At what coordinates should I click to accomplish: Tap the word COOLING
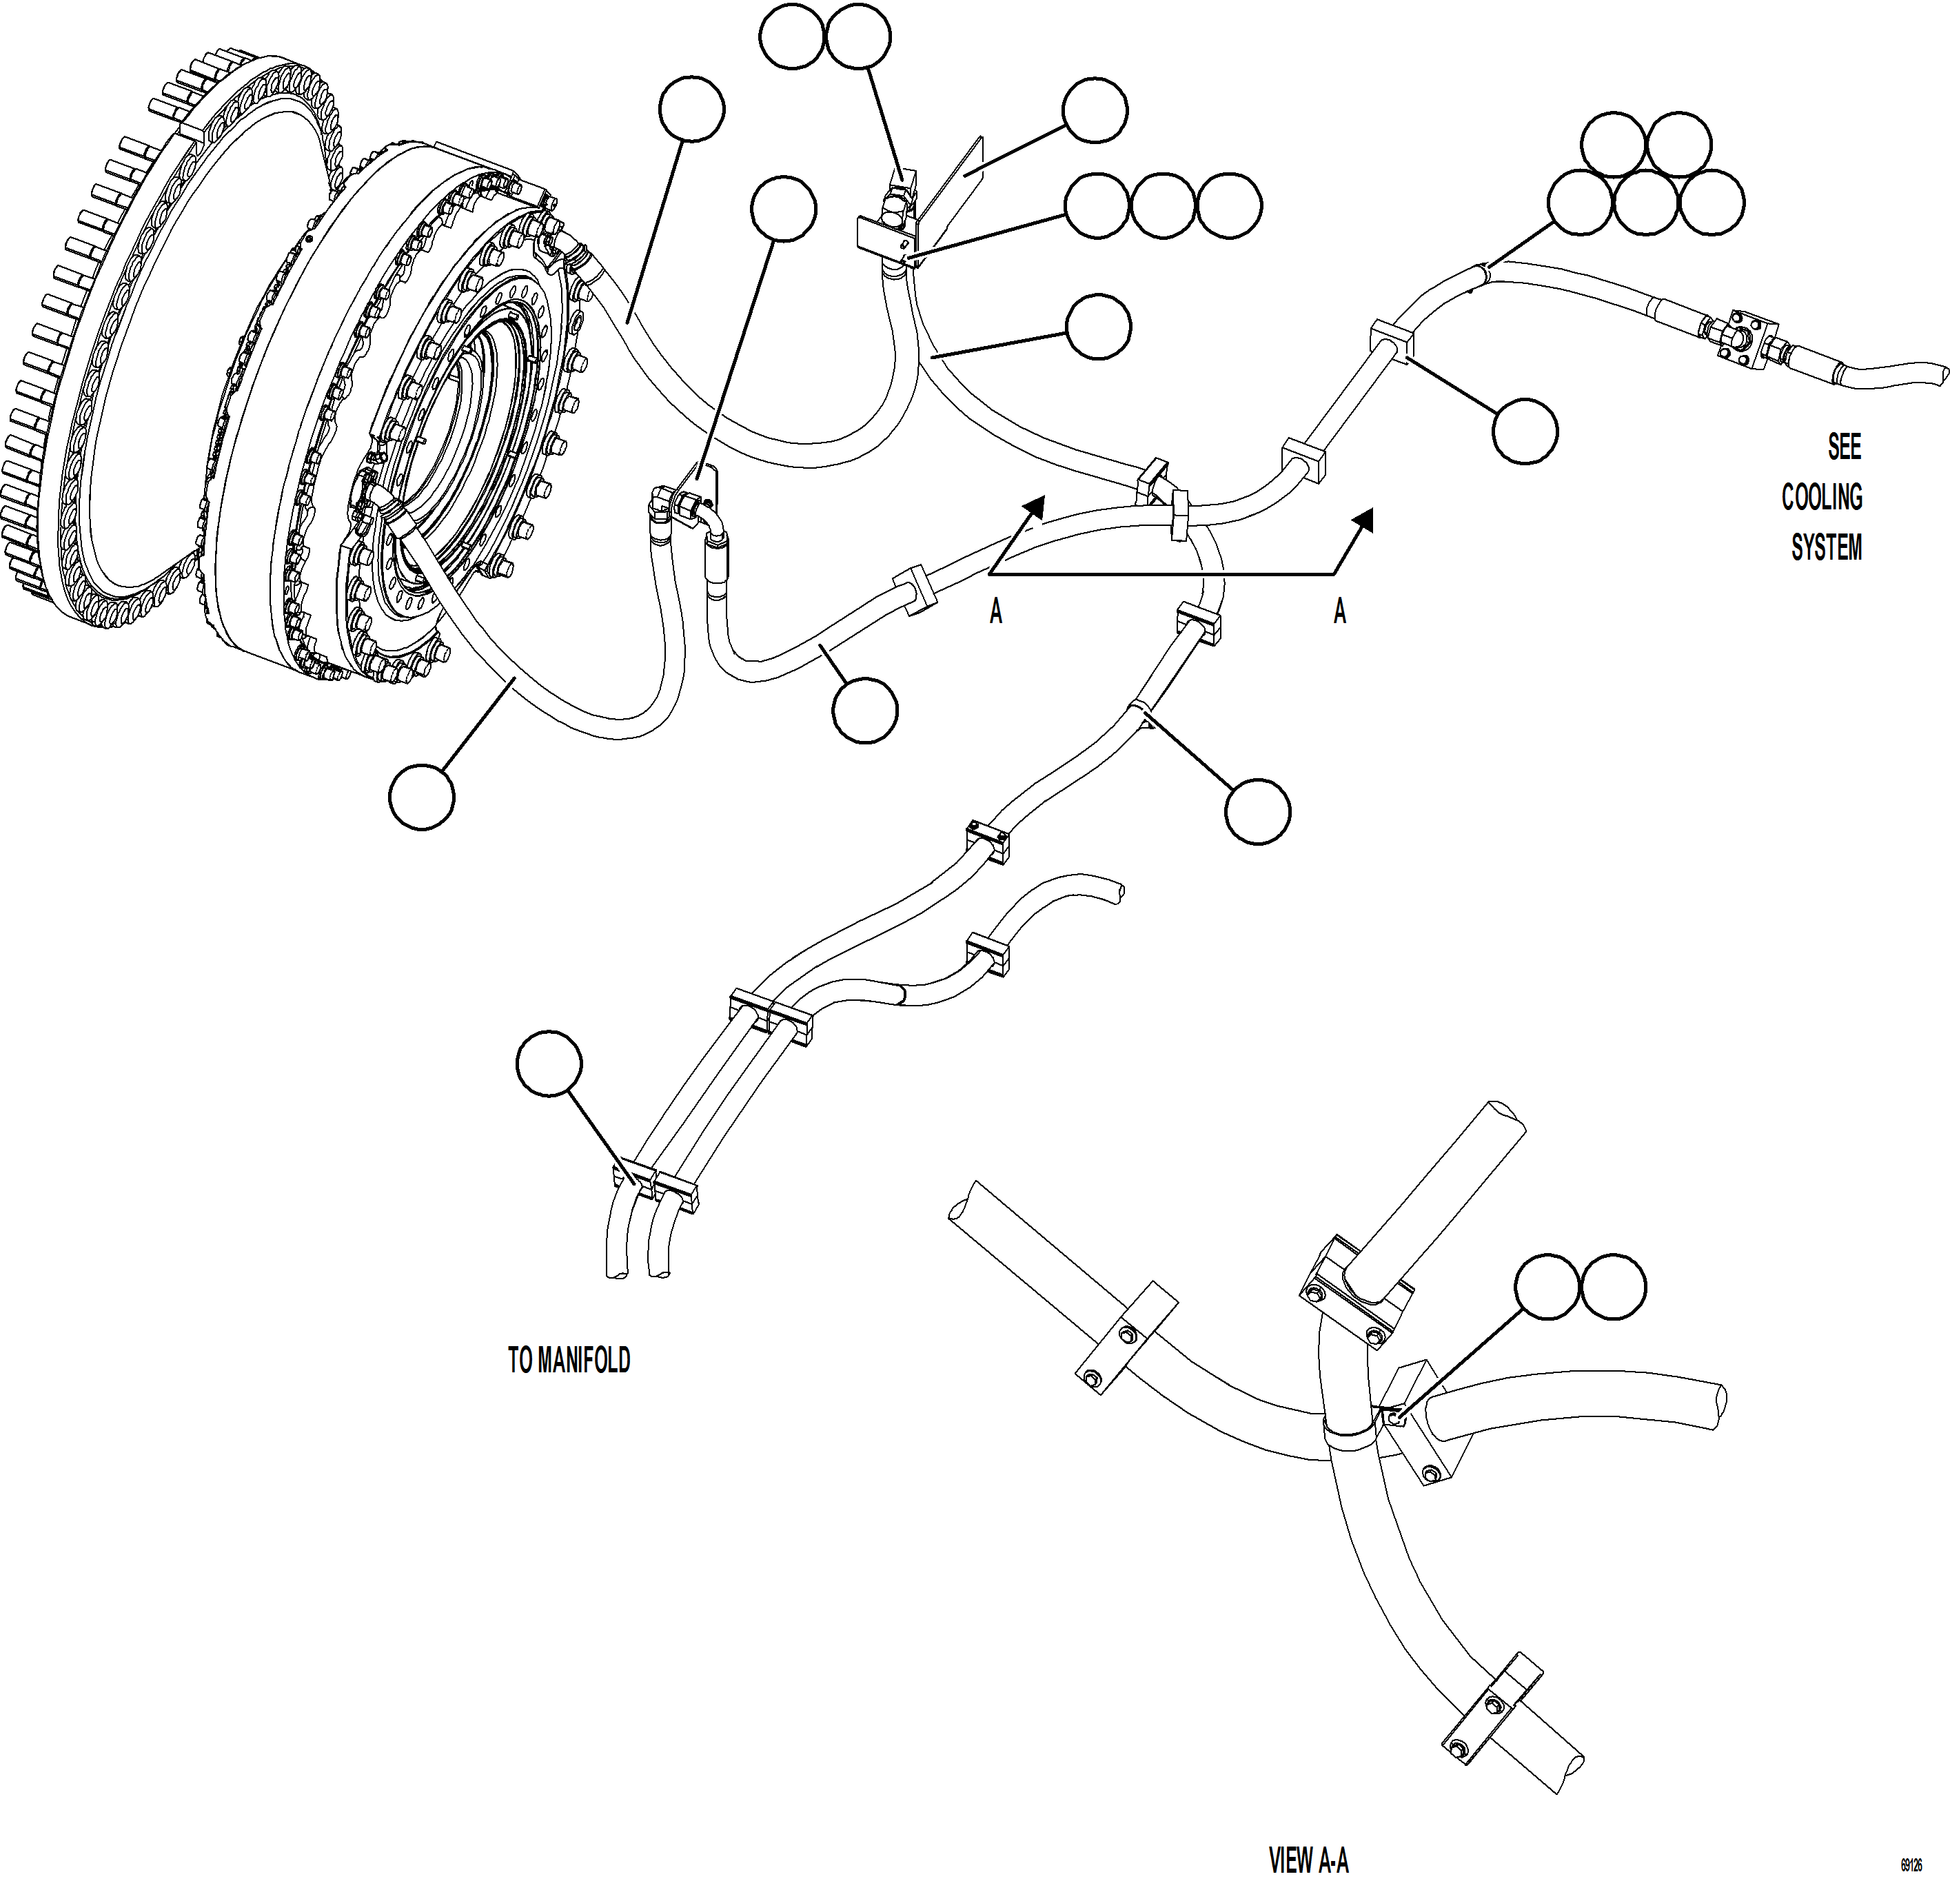pos(1822,498)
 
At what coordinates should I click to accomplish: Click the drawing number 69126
pos(1910,1865)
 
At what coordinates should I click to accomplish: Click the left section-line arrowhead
pos(1035,507)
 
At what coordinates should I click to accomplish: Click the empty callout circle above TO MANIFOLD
pos(549,1064)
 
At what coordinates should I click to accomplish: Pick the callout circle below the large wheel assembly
pos(422,796)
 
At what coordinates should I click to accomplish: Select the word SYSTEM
pos(1826,548)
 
